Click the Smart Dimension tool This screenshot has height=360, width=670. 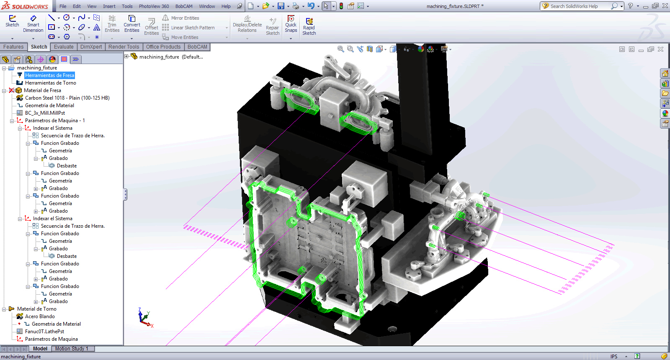pyautogui.click(x=33, y=24)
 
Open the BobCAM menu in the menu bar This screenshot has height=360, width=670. pyautogui.click(x=184, y=6)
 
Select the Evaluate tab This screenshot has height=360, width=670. pyautogui.click(x=64, y=47)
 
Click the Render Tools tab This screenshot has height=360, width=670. pyautogui.click(x=124, y=47)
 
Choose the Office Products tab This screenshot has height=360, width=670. pyautogui.click(x=163, y=47)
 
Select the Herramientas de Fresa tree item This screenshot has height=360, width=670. pyautogui.click(x=49, y=75)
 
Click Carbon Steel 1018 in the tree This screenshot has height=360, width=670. pyautogui.click(x=67, y=98)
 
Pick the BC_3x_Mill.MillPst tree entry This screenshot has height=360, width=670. pyautogui.click(x=45, y=113)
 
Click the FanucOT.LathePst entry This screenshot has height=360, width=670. pyautogui.click(x=44, y=332)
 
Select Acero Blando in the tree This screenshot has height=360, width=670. pyautogui.click(x=40, y=316)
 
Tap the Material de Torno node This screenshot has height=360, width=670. pyautogui.click(x=36, y=309)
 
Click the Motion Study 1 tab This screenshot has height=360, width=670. pyautogui.click(x=72, y=349)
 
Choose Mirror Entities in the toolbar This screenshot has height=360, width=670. pyautogui.click(x=185, y=18)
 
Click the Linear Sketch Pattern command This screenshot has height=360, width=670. pyautogui.click(x=193, y=28)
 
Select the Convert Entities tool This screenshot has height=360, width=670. pyautogui.click(x=132, y=24)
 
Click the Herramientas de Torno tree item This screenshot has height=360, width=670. pyautogui.click(x=50, y=83)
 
